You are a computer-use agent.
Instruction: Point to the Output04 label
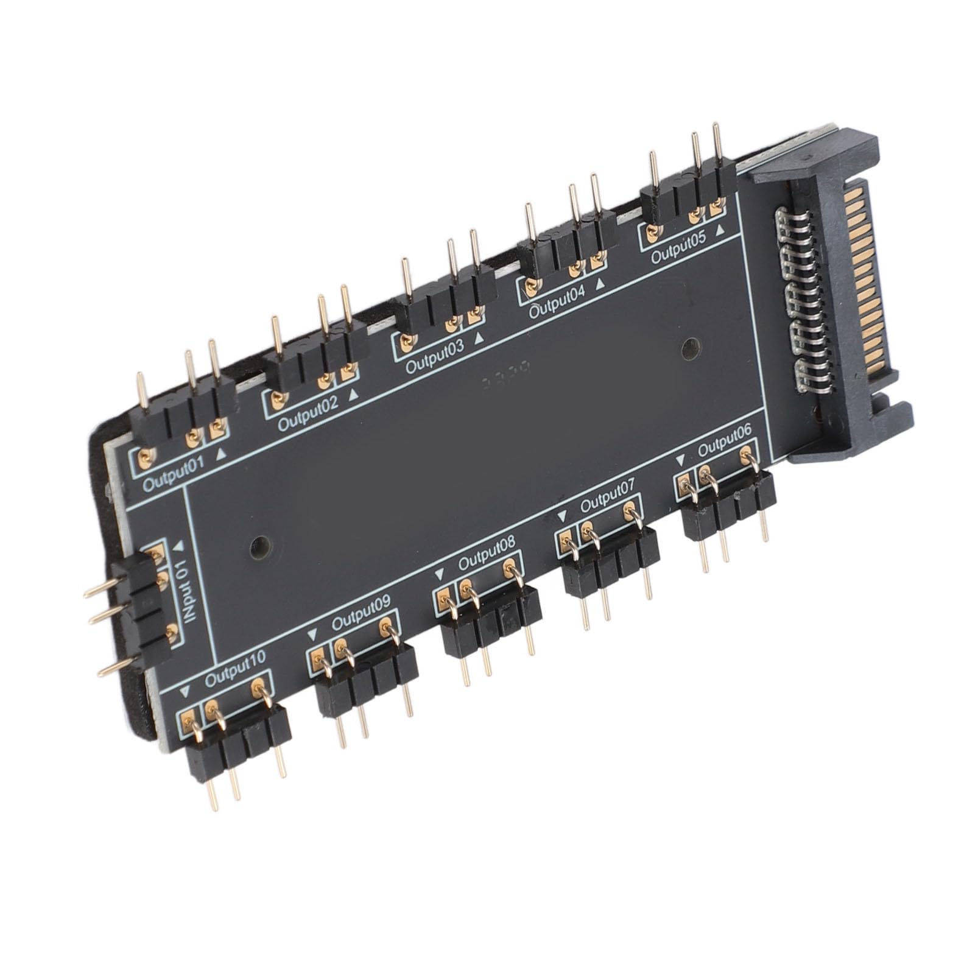coord(557,301)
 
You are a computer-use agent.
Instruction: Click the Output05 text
coord(678,247)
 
